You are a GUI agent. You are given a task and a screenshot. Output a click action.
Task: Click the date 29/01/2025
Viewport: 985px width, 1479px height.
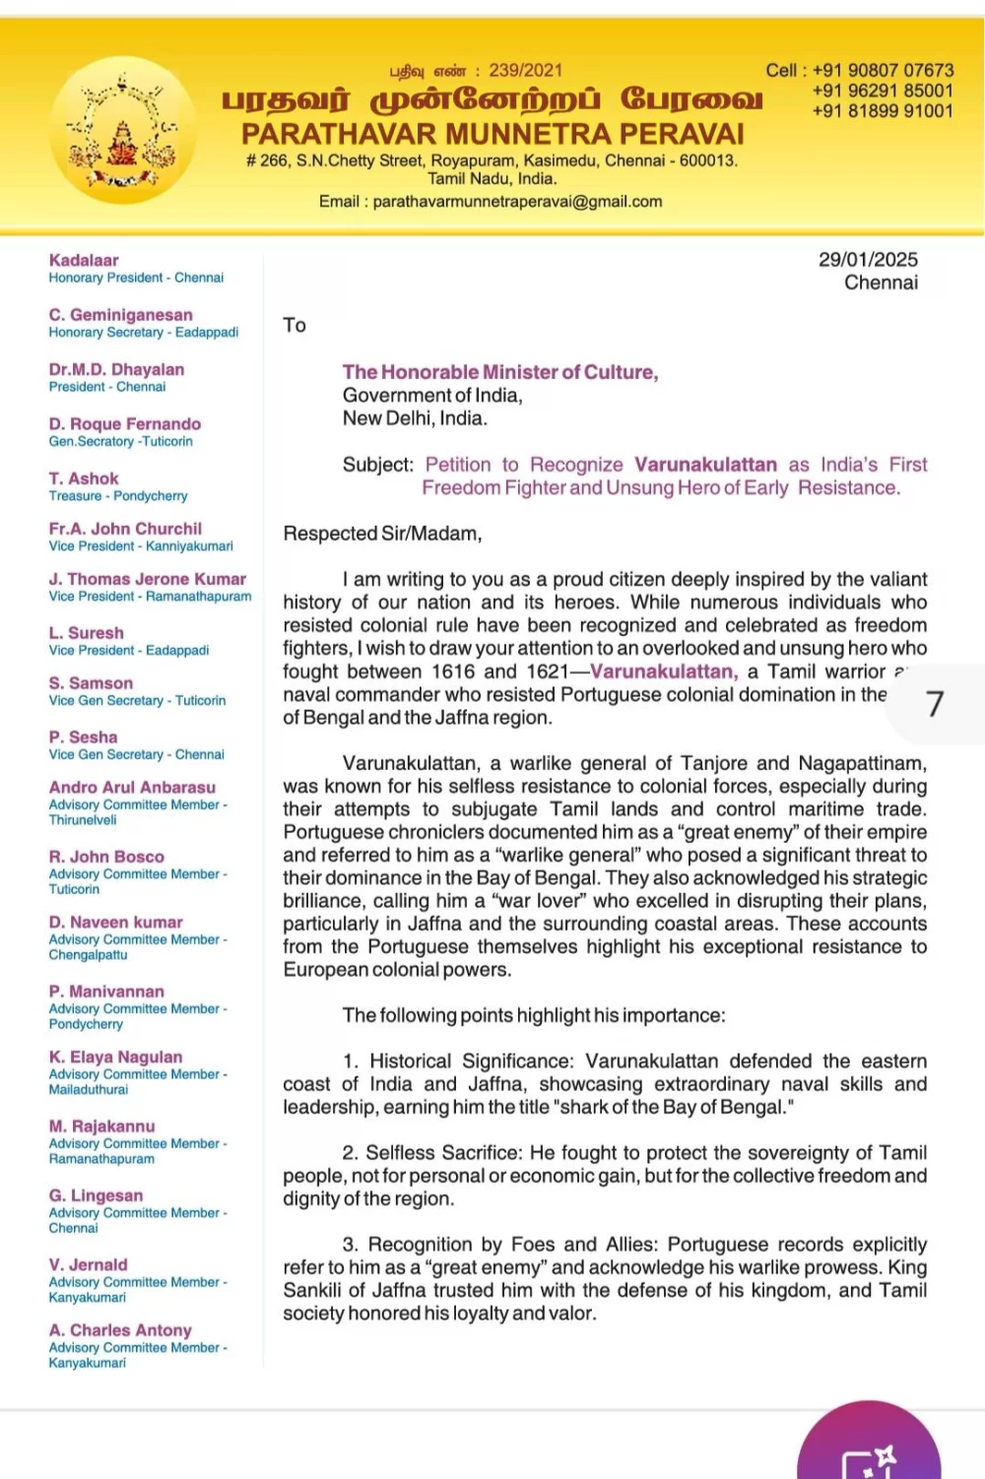pos(868,260)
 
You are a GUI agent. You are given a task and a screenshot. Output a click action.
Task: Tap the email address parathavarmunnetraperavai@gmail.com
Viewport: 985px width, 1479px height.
pos(517,202)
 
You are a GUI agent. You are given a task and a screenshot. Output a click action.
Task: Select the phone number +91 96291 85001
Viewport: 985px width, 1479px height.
pos(883,91)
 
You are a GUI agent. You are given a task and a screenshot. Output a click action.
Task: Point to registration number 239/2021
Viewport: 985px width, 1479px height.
pos(526,71)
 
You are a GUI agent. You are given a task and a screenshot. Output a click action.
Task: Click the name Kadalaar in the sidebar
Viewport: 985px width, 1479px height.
pos(84,261)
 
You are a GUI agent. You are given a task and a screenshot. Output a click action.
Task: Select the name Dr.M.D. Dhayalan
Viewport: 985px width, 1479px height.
pos(116,370)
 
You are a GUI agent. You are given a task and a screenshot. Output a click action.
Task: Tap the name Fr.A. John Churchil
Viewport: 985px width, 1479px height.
pos(125,529)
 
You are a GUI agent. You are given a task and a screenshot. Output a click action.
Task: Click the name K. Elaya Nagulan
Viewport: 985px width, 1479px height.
pos(115,1058)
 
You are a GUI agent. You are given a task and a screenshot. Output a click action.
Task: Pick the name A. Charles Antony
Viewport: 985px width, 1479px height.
pos(120,1330)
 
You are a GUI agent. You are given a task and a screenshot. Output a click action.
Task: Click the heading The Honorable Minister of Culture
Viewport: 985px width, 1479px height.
pos(500,372)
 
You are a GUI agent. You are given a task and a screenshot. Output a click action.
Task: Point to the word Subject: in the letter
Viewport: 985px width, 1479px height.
pos(378,465)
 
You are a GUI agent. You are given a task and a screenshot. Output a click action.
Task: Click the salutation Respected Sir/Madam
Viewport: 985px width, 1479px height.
pos(382,534)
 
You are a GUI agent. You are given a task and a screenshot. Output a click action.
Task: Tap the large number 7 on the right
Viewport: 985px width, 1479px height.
pos(935,704)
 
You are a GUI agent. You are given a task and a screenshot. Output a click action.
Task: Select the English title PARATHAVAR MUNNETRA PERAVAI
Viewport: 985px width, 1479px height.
pos(492,134)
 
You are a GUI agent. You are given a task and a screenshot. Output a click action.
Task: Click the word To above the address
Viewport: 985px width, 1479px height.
pos(295,326)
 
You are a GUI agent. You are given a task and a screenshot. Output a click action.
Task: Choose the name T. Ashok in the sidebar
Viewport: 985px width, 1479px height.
pos(84,479)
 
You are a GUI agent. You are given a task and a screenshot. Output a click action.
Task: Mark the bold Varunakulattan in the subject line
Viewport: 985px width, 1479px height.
pos(705,465)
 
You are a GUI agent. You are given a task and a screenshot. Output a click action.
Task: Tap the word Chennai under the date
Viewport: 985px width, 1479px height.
pos(881,284)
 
